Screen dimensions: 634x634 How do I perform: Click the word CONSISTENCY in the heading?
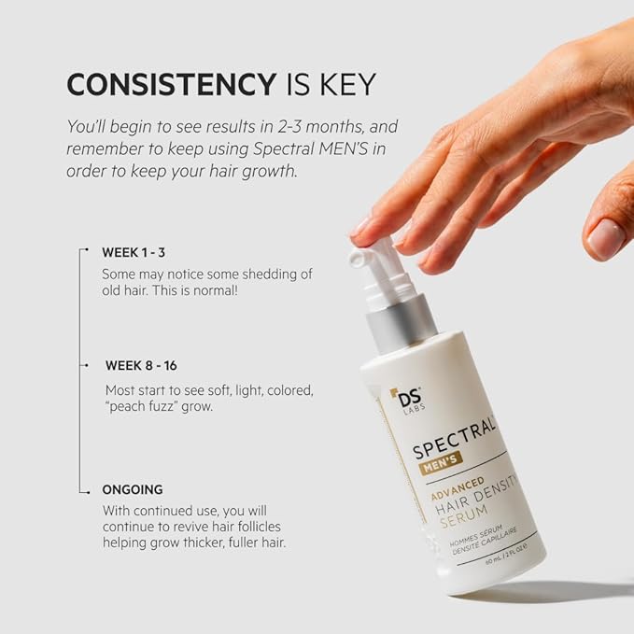pyautogui.click(x=169, y=84)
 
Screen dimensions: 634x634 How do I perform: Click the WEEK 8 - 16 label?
pyautogui.click(x=141, y=365)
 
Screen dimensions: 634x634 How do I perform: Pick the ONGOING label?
pyautogui.click(x=133, y=489)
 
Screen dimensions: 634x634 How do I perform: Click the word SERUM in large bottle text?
pyautogui.click(x=468, y=530)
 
